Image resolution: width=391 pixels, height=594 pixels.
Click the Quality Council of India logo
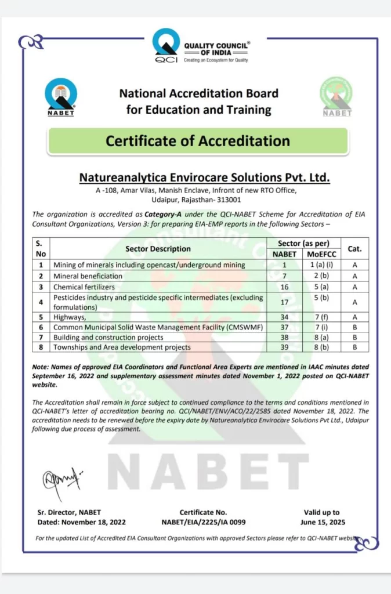pos(167,45)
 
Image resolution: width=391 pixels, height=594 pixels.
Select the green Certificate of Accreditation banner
pos(198,140)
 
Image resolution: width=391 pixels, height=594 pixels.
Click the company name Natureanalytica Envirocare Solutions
pos(204,176)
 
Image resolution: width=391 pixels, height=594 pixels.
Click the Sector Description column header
pos(158,248)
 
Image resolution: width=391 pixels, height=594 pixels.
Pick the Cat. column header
pos(354,248)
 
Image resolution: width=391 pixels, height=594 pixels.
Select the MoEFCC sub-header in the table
pos(321,254)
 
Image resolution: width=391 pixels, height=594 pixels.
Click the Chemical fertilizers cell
pos(84,287)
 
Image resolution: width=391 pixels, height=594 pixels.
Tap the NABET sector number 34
pos(284,317)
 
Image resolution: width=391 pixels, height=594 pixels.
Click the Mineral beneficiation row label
pos(88,276)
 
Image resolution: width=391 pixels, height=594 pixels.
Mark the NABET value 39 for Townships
pos(284,347)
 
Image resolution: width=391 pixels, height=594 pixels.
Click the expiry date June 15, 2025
pos(321,522)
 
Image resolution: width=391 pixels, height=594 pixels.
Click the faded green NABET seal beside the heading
pos(337,97)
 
